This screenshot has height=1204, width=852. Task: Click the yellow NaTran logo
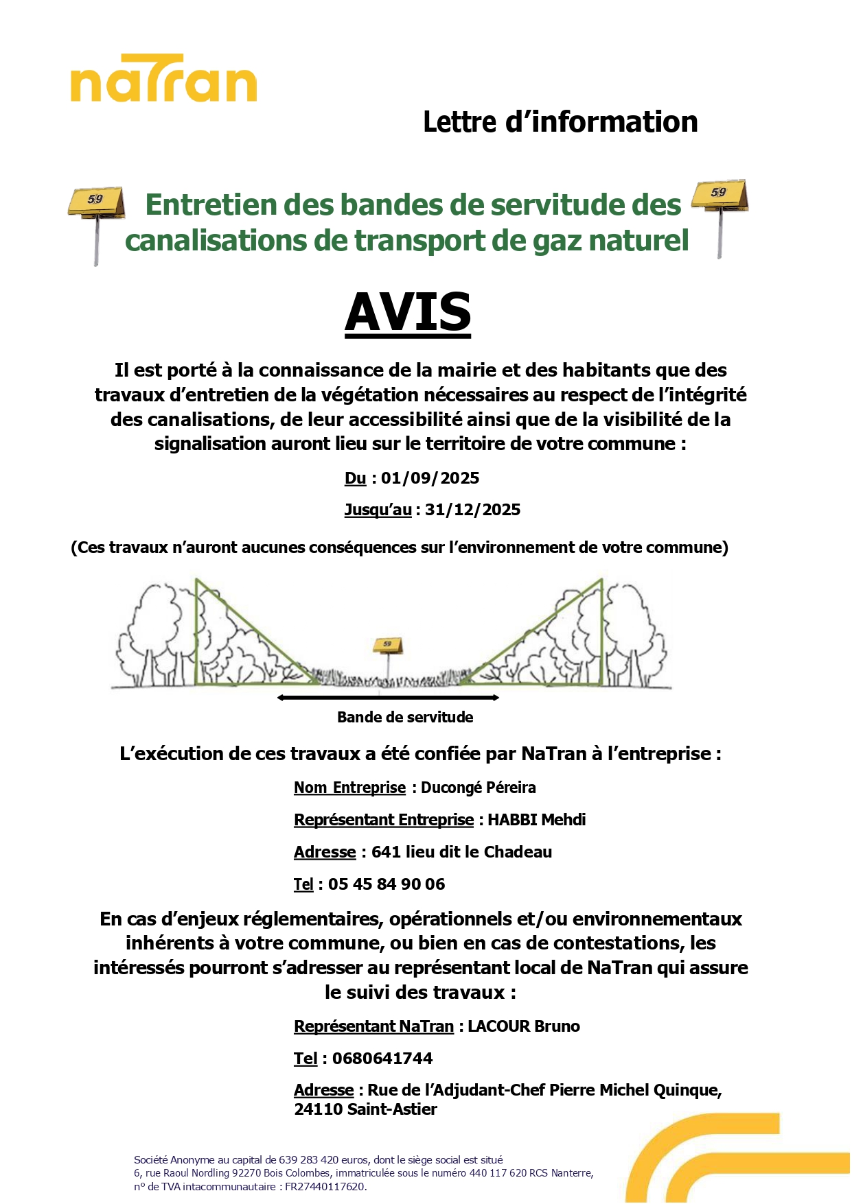pyautogui.click(x=163, y=79)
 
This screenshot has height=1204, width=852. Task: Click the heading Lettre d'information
pyautogui.click(x=560, y=122)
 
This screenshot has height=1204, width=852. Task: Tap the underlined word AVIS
pyautogui.click(x=408, y=312)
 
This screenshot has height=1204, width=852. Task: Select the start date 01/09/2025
pyautogui.click(x=430, y=478)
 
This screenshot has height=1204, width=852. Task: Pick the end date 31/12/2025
pyautogui.click(x=472, y=510)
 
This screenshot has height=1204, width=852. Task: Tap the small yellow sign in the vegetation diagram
pyautogui.click(x=388, y=645)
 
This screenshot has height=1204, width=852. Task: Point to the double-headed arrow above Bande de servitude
pyautogui.click(x=388, y=698)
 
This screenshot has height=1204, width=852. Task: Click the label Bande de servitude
pyautogui.click(x=405, y=718)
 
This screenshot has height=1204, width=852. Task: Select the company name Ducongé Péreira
pyautogui.click(x=478, y=788)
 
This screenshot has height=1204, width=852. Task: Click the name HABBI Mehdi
pyautogui.click(x=536, y=820)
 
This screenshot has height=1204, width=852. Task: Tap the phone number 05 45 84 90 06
pyautogui.click(x=387, y=884)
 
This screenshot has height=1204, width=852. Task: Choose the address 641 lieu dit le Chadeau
pyautogui.click(x=461, y=852)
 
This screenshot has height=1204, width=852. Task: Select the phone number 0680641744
pyautogui.click(x=382, y=1059)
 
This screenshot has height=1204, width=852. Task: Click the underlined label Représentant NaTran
pyautogui.click(x=373, y=1026)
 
